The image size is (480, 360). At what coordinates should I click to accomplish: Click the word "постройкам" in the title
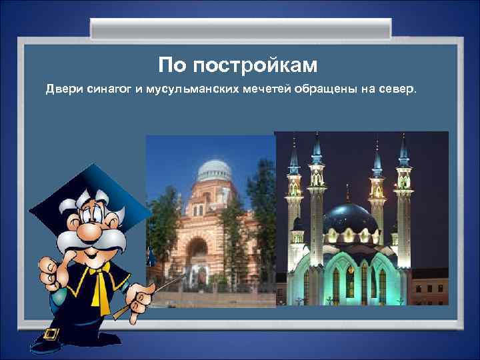tap(257, 65)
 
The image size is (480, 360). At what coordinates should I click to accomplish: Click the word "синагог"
tap(108, 90)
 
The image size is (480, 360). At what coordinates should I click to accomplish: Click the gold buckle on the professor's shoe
tap(49, 335)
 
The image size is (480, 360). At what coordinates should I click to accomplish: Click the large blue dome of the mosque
tap(349, 219)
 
